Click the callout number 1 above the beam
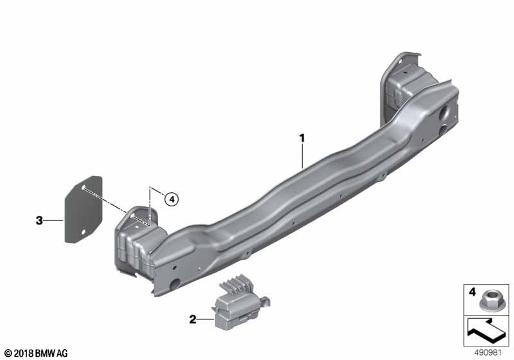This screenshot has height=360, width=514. coord(301,138)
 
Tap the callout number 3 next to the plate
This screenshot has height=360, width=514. coord(40,221)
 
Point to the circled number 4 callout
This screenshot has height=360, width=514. coord(170,199)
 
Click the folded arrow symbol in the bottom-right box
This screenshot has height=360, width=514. coord(486,334)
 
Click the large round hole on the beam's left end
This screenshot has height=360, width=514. coord(174,283)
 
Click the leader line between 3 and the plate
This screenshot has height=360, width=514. coord(55,221)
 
